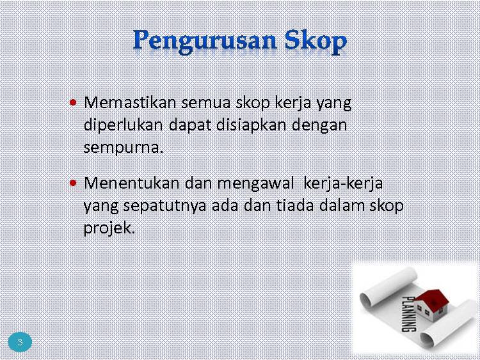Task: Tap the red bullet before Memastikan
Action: pyautogui.click(x=73, y=102)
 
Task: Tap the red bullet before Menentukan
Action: pyautogui.click(x=73, y=184)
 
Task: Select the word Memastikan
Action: pyautogui.click(x=130, y=102)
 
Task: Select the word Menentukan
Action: pyautogui.click(x=131, y=184)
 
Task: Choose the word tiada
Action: pyautogui.click(x=295, y=205)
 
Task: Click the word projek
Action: pyautogui.click(x=109, y=228)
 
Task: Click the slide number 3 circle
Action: pyautogui.click(x=20, y=342)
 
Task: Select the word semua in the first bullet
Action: pyautogui.click(x=205, y=103)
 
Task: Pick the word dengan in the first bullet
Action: pyautogui.click(x=319, y=125)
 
